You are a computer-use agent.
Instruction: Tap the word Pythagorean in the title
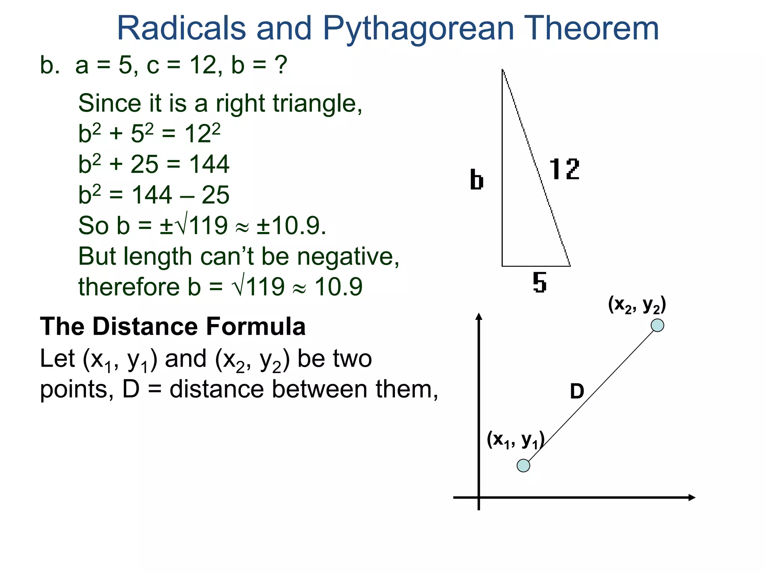click(418, 29)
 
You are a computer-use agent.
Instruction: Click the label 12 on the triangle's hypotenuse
click(564, 169)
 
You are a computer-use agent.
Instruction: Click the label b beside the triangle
click(477, 180)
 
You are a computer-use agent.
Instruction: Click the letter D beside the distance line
click(577, 391)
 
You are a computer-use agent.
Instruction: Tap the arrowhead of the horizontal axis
click(692, 497)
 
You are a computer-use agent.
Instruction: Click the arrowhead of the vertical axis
click(479, 317)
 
